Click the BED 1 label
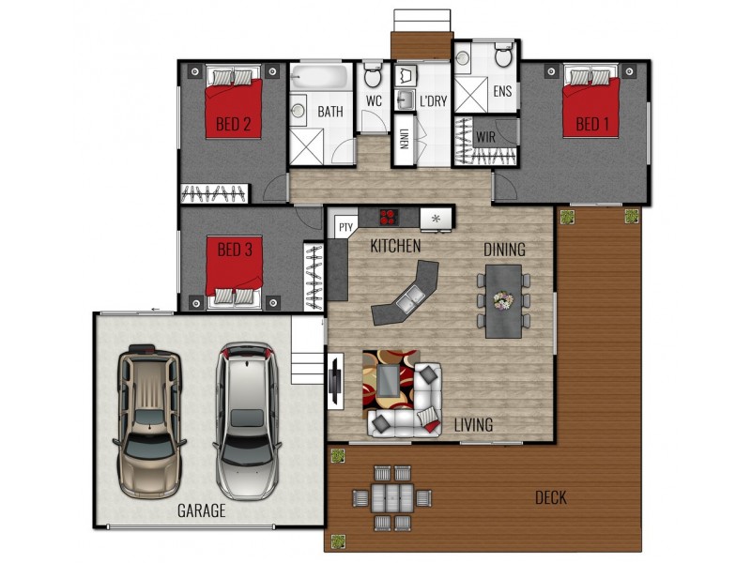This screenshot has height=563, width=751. click(592, 124)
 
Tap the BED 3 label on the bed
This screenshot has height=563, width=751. click(235, 250)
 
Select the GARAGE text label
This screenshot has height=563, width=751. click(201, 510)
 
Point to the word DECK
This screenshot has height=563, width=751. click(551, 498)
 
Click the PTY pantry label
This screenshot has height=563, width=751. click(345, 227)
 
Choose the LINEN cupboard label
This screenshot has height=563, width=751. click(404, 139)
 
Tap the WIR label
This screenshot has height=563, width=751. click(485, 138)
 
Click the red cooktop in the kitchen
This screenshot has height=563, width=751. click(389, 217)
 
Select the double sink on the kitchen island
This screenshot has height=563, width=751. click(408, 298)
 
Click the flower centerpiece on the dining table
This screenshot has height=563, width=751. click(503, 300)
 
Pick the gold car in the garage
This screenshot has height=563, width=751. click(149, 421)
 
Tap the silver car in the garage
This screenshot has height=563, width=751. click(247, 420)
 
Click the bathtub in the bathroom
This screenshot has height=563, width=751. click(319, 78)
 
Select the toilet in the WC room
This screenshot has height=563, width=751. click(372, 74)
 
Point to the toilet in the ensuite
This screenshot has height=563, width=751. click(503, 54)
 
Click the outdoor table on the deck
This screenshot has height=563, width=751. click(392, 498)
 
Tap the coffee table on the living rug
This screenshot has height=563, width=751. click(389, 381)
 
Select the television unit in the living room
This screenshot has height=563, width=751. click(336, 381)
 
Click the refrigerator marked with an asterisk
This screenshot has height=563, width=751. click(436, 219)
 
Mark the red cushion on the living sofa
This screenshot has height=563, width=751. click(432, 426)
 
